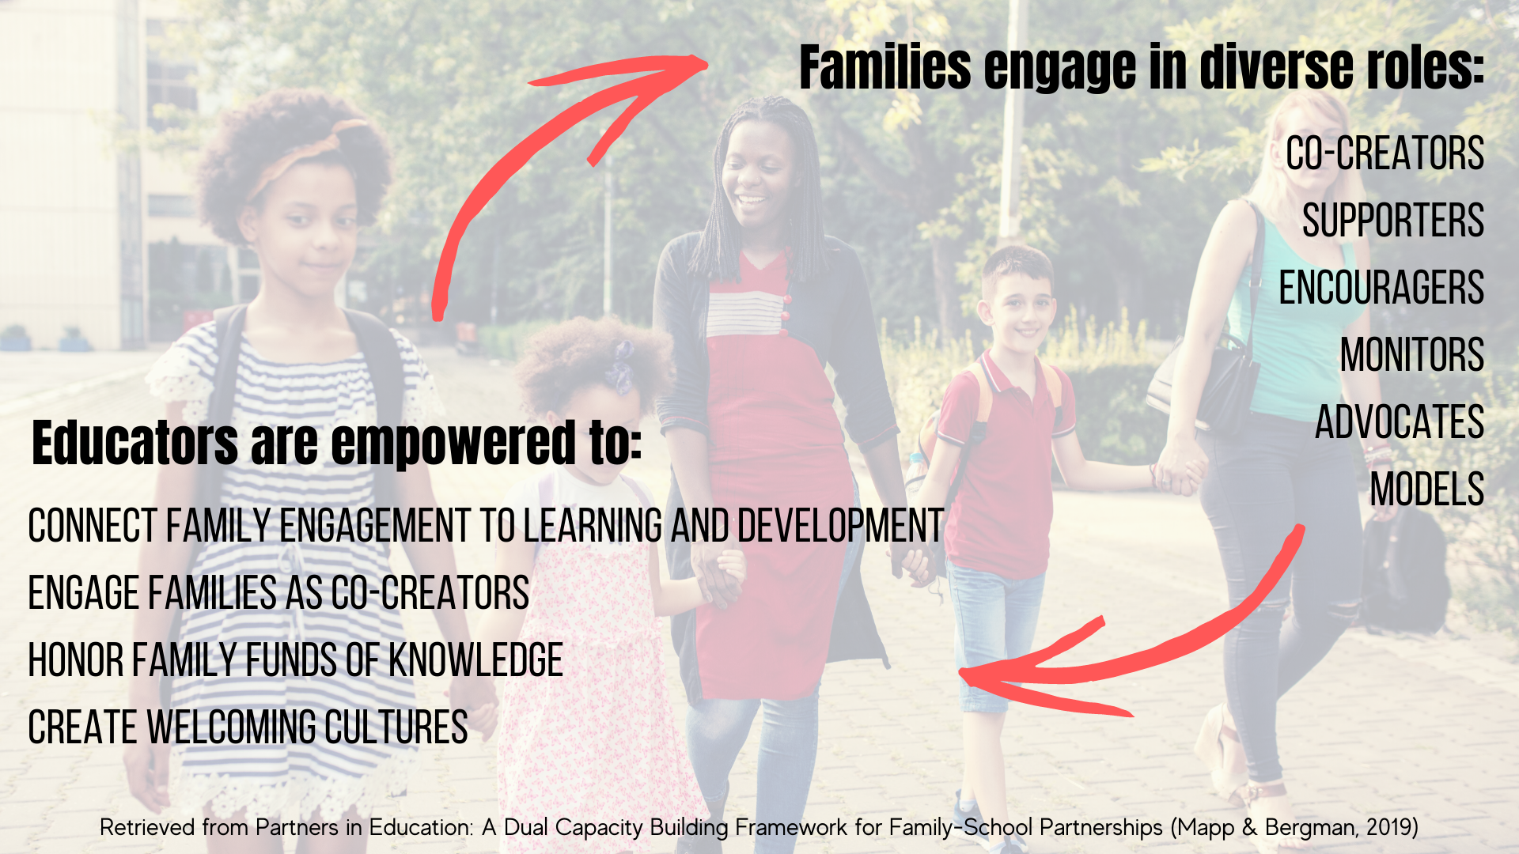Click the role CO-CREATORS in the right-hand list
tap(1385, 153)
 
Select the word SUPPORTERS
tap(1393, 221)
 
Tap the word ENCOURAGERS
tap(1381, 288)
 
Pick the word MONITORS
tap(1412, 355)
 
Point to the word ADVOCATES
tap(1400, 422)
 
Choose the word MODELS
tap(1427, 489)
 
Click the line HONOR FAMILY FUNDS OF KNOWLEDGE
tap(295, 660)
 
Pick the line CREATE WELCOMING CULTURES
tap(248, 727)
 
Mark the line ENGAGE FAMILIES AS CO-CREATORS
tap(278, 593)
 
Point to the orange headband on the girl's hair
tap(305, 154)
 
